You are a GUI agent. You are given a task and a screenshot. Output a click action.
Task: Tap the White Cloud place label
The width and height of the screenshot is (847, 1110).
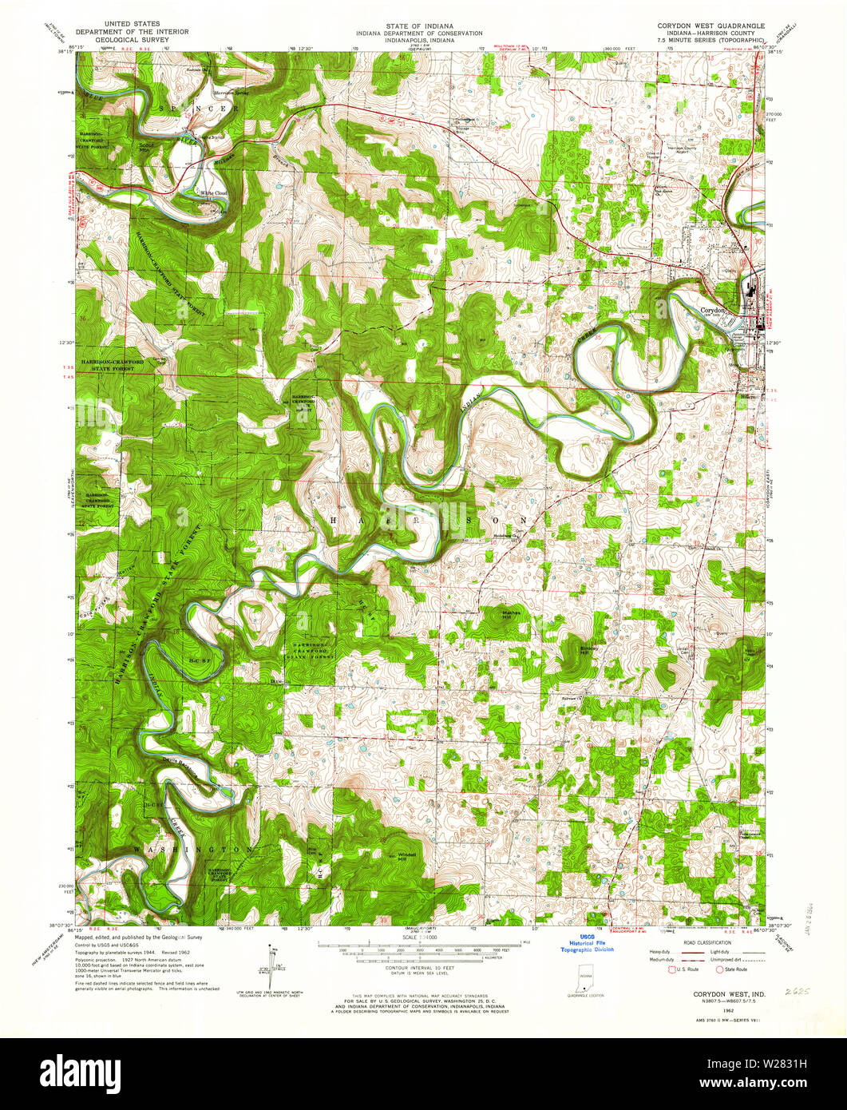pos(213,193)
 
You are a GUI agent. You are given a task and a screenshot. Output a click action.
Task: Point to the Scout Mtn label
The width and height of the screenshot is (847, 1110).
pos(145,147)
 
